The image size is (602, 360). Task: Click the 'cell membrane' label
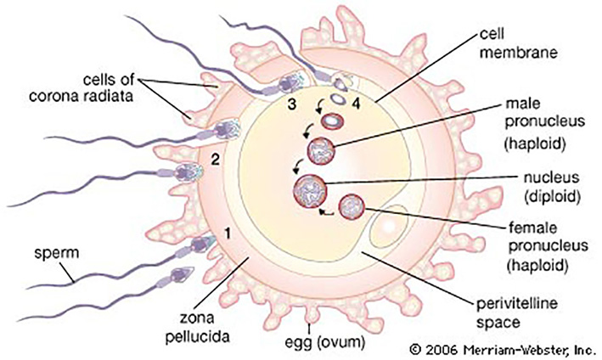[x=518, y=43]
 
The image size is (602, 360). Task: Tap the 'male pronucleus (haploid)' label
[x=545, y=124]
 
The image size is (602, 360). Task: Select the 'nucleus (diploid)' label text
[x=552, y=188]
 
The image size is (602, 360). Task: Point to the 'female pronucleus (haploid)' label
[x=549, y=247]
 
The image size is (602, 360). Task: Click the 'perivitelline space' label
[x=517, y=312]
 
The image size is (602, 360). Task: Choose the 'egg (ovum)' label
[x=324, y=342]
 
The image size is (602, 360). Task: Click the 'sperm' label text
[x=56, y=253]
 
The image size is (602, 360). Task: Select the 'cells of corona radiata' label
[x=81, y=88]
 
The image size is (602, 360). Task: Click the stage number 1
[x=228, y=233]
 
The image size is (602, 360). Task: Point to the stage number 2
[x=216, y=160]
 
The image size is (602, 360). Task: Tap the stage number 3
[x=293, y=104]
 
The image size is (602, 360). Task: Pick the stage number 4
[x=357, y=104]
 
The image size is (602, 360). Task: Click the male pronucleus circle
[x=321, y=150]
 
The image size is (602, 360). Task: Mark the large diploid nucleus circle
[x=310, y=191]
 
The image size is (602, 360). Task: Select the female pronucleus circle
[x=352, y=207]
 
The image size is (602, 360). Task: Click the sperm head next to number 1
[x=202, y=244]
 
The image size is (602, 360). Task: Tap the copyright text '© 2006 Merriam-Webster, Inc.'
[x=502, y=350]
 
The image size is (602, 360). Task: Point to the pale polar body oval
[x=388, y=228]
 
